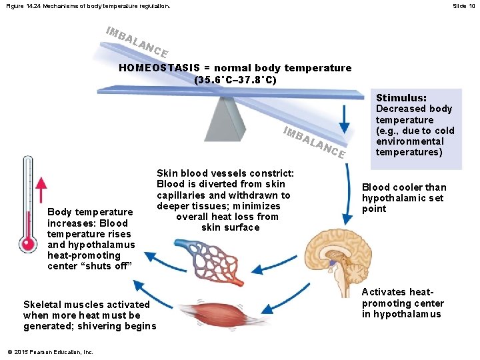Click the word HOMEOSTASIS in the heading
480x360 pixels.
(149, 68)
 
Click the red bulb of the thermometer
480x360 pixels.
(28, 244)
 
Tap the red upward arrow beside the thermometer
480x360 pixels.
(41, 194)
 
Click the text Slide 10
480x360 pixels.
(463, 6)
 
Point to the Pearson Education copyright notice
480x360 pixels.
(50, 352)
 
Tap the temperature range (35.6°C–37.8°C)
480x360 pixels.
(235, 79)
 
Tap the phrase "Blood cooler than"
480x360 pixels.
(404, 187)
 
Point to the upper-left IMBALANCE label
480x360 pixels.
(136, 41)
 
